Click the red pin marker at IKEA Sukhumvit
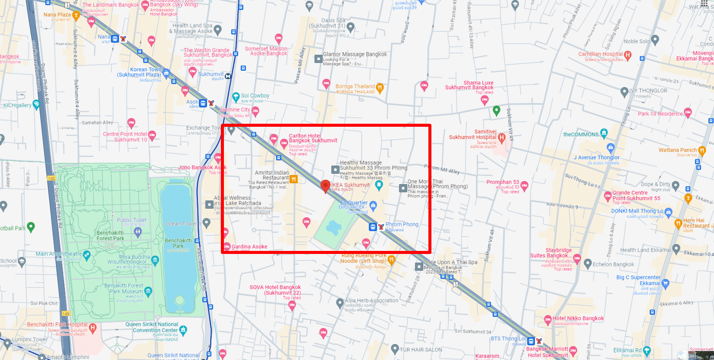coord(326,185)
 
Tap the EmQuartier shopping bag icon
coord(373,205)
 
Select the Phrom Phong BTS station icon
coord(373,227)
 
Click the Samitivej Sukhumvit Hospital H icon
coord(501,137)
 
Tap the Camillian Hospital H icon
coord(628,55)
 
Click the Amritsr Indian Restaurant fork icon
coord(293,179)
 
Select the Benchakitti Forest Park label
coord(110,235)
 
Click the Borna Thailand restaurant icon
coord(380,88)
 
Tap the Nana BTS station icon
coord(115,39)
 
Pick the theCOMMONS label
coord(581,135)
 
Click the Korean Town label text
coord(146,69)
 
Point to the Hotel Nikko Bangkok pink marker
coord(548,319)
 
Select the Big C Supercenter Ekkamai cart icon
coord(665,283)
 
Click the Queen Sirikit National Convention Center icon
coord(183,330)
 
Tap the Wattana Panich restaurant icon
coord(702,150)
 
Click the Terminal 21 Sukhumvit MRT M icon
coord(228,76)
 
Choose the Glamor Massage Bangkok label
coord(355,54)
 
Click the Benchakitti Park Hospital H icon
coord(93,328)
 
